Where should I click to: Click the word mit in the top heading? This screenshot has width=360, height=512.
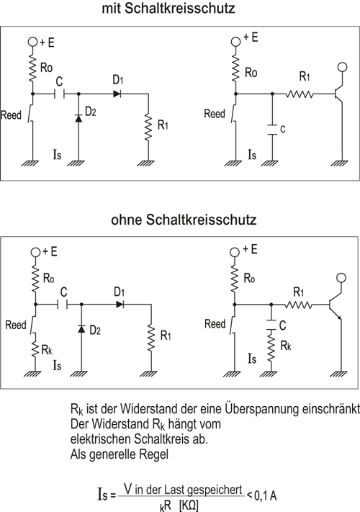[112, 8]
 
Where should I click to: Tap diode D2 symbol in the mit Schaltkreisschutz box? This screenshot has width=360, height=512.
[78, 118]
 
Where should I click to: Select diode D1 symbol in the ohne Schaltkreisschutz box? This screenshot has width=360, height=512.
[120, 305]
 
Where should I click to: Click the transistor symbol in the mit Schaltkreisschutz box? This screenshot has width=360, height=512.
[338, 94]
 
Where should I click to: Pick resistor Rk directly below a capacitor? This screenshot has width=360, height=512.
[271, 346]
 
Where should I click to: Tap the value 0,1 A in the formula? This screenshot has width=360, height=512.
[266, 495]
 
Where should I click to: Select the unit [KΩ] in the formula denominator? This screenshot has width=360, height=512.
[189, 506]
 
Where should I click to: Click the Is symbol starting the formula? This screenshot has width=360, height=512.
[102, 495]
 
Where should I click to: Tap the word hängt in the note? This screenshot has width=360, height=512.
[181, 424]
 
